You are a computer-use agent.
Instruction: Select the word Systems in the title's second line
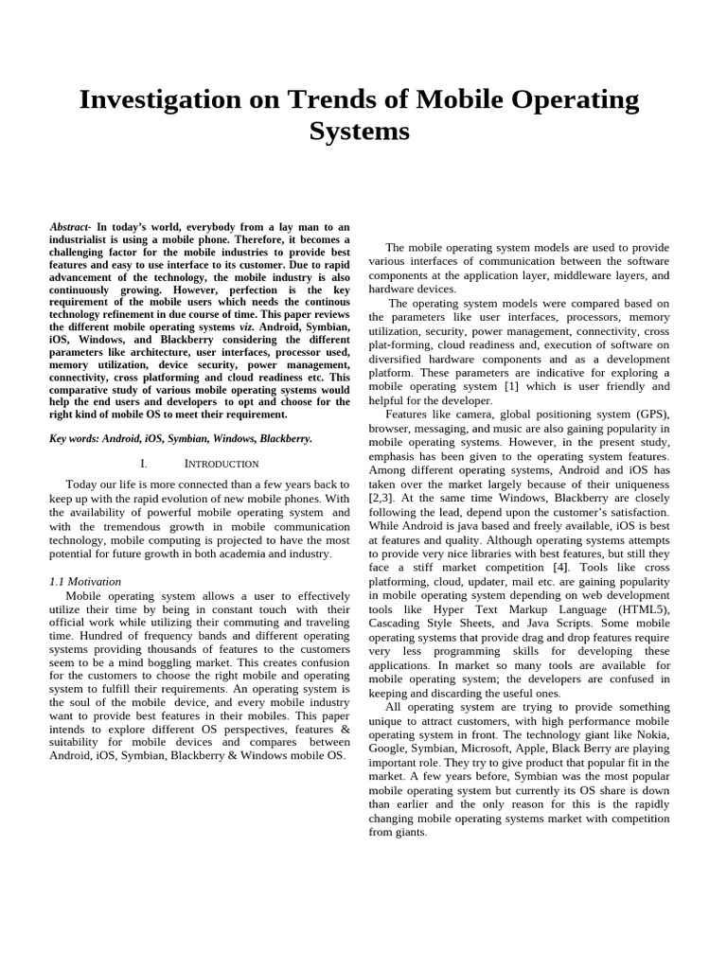click(359, 132)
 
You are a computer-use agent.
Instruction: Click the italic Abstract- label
click(72, 227)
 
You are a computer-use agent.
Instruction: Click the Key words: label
click(76, 439)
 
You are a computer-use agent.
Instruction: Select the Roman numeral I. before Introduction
click(144, 464)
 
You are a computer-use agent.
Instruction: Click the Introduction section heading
click(222, 464)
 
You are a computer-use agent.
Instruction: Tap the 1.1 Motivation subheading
click(84, 581)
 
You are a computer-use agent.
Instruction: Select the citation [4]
click(562, 567)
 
